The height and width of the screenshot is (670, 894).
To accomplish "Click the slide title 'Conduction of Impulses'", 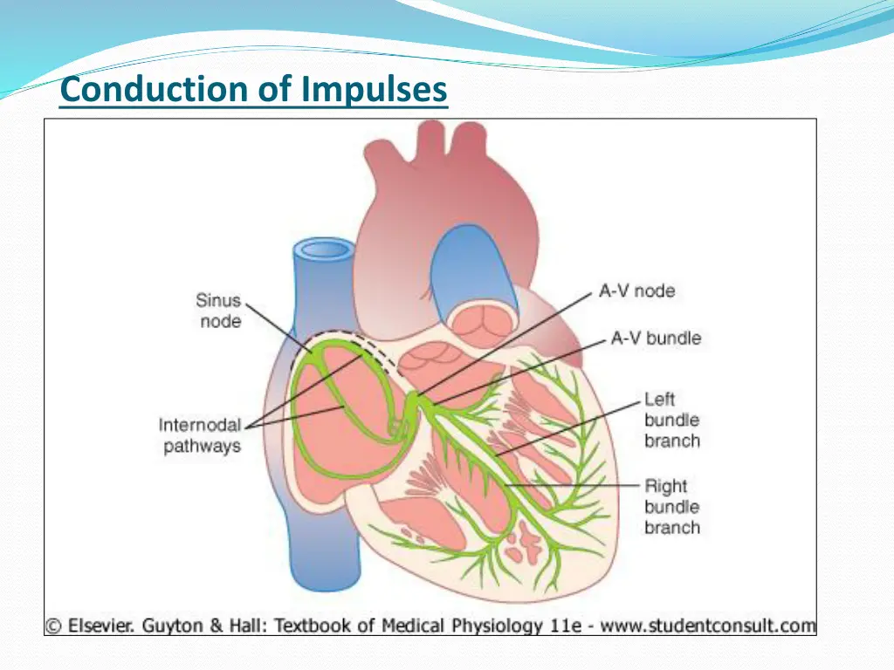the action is tap(253, 90).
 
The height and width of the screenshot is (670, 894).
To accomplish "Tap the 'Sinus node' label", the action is tap(217, 311).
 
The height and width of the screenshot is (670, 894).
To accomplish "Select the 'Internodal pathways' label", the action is tap(200, 435).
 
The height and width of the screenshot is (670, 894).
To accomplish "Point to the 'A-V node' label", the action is tap(636, 291).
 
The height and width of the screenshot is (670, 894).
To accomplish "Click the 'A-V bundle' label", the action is tap(656, 338).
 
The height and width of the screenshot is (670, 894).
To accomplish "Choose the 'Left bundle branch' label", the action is tap(671, 420).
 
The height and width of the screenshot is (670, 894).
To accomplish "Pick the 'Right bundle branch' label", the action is tap(671, 507).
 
